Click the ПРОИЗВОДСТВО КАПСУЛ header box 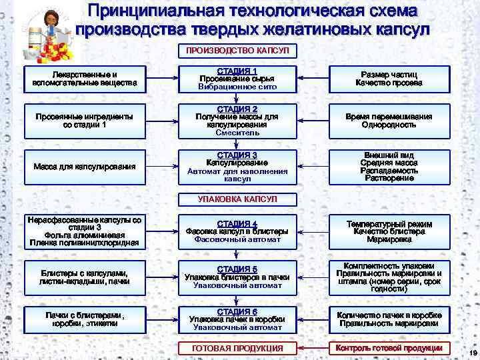pos(237,51)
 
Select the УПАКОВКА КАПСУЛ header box pos(237,199)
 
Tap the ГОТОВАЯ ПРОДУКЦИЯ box pos(237,348)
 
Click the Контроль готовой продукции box pos(389,348)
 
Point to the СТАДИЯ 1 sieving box pos(237,79)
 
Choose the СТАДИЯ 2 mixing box pos(237,121)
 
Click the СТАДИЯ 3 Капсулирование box pos(237,167)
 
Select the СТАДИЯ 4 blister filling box pos(237,231)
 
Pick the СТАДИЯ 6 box pos(237,319)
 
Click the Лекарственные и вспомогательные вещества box pos(85,79)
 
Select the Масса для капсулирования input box pos(85,167)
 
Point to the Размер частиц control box pos(389,79)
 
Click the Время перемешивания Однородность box pos(389,121)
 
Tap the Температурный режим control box pos(389,231)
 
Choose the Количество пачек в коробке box pos(389,319)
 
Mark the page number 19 pos(472,353)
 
